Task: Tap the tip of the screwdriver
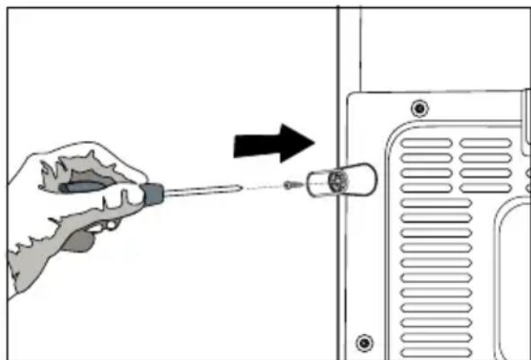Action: point(239,188)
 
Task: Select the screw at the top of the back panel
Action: point(418,109)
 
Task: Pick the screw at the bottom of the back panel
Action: point(363,341)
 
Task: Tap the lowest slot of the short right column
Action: point(485,187)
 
